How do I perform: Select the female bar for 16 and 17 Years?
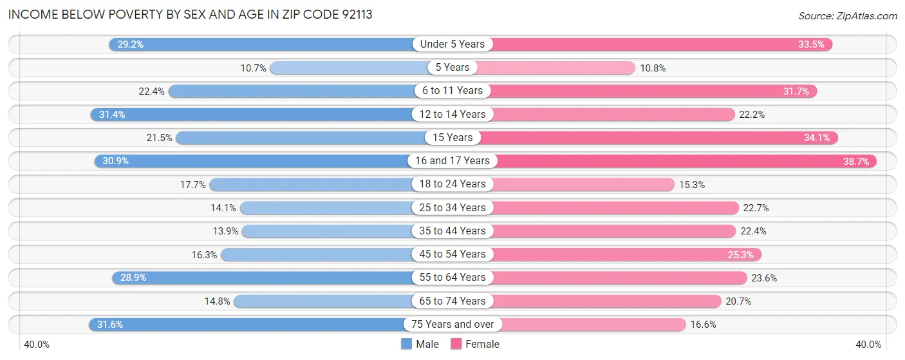pyautogui.click(x=682, y=161)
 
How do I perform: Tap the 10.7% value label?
pyautogui.click(x=253, y=68)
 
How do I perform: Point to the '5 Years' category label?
pyautogui.click(x=452, y=68)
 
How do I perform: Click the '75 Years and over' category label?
pyautogui.click(x=452, y=325)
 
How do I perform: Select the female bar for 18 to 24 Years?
pyautogui.click(x=579, y=184)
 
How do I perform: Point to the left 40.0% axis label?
pyautogui.click(x=37, y=345)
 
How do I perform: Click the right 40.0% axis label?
pyautogui.click(x=868, y=345)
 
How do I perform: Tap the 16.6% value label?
pyautogui.click(x=704, y=325)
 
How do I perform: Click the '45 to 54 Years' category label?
pyautogui.click(x=452, y=254)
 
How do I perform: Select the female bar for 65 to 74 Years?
pyautogui.click(x=605, y=301)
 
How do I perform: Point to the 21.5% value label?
pyautogui.click(x=158, y=138)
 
